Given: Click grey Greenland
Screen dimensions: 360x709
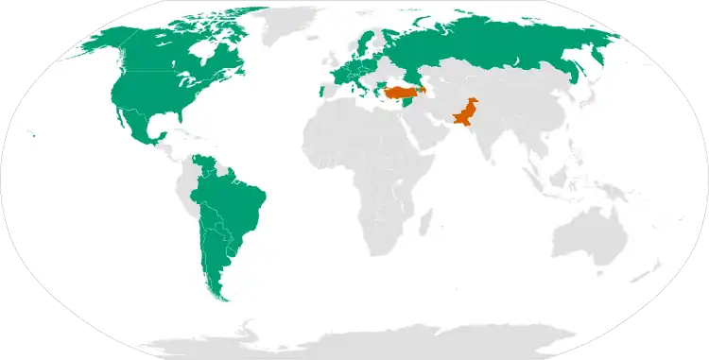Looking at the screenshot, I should click(284, 24).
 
